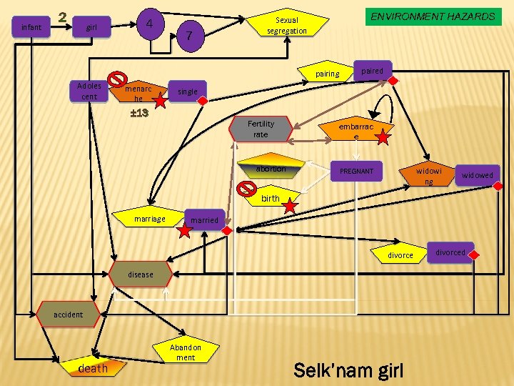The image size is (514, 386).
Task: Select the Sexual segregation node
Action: pos(287,26)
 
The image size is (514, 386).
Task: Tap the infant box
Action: pos(31,28)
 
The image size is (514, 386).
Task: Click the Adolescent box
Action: pos(89,91)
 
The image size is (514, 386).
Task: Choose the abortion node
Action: pos(271,169)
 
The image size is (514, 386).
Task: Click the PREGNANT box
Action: pos(356,172)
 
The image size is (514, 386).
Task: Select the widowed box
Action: pos(477,175)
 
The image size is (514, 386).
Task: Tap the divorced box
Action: pos(450,252)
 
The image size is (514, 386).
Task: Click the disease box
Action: pos(141,274)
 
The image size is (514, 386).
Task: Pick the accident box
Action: pos(69,315)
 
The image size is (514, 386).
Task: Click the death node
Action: pos(93,368)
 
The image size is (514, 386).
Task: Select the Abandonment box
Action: pos(186,352)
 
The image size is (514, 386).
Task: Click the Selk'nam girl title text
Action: pos(349,370)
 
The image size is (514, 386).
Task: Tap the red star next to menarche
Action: pos(160,101)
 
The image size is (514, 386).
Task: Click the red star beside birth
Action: pos(290,207)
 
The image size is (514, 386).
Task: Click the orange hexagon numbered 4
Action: pos(150,24)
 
